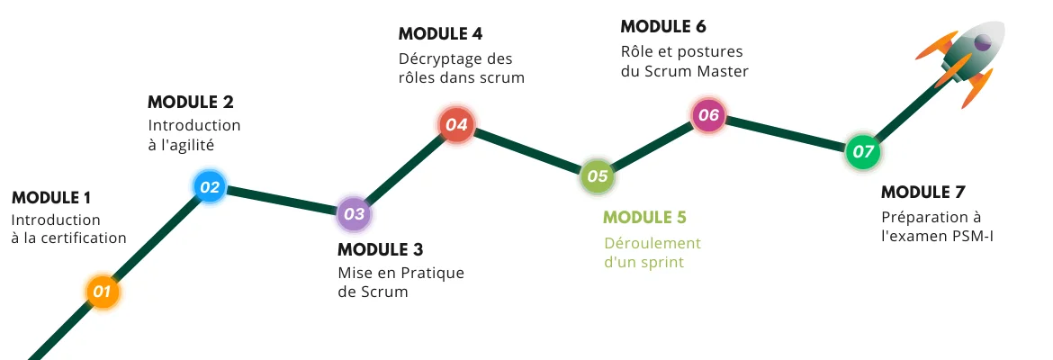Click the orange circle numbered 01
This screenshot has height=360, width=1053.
pos(102,292)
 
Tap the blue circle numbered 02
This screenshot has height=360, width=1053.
pos(210,186)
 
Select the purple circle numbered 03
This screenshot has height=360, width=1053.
pos(354,214)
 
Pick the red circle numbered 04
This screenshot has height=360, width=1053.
pos(456,124)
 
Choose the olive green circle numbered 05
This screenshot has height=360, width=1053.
pos(597,176)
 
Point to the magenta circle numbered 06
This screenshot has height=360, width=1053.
pos(708,115)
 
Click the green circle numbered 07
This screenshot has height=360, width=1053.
pos(862,152)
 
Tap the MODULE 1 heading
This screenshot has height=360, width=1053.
pos(51,198)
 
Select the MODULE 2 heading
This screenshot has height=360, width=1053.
pos(191,102)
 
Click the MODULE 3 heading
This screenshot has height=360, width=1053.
pos(380,250)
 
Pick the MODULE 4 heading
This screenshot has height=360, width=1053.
pos(440,33)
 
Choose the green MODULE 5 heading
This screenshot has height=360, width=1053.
pos(644,218)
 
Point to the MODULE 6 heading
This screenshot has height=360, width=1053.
pos(663,26)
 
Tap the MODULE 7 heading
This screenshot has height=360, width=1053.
pos(922,192)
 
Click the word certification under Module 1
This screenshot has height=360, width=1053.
pos(84,238)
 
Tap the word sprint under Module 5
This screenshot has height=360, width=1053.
pos(661,262)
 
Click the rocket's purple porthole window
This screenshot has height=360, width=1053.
pos(983,42)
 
